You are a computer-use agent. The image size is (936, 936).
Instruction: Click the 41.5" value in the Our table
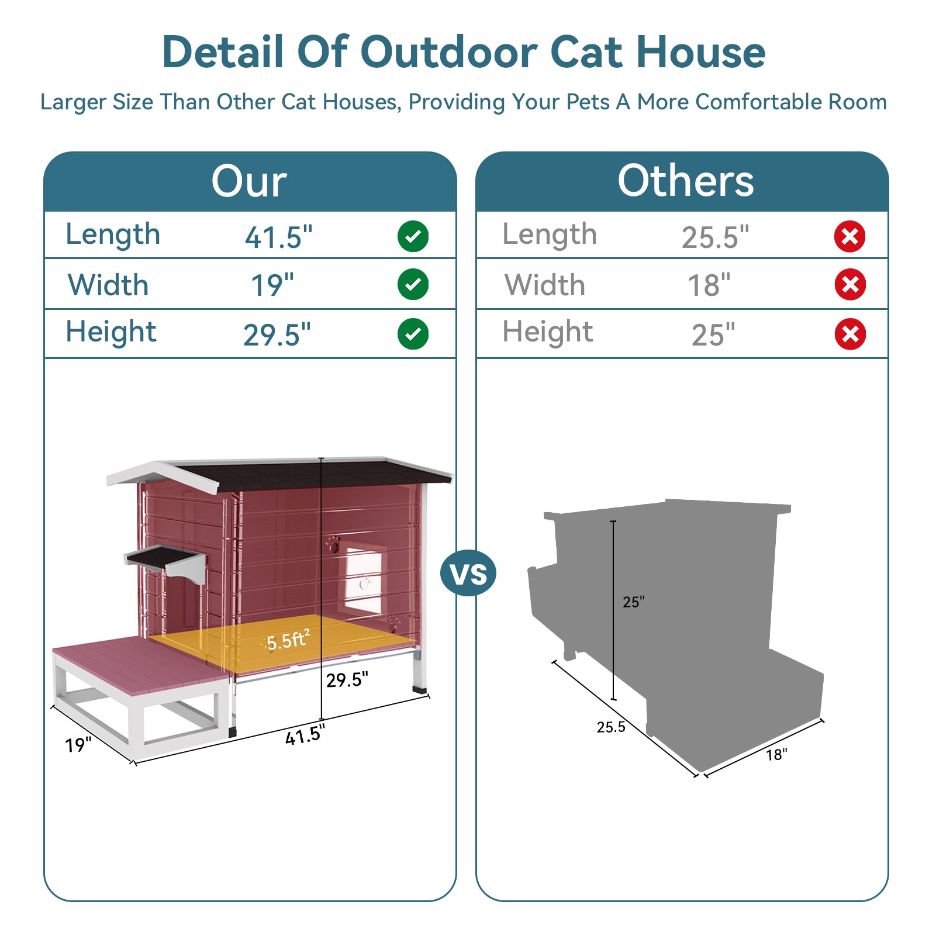(278, 237)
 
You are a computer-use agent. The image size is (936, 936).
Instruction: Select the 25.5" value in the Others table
(715, 237)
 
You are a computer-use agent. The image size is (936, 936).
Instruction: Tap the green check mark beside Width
(413, 285)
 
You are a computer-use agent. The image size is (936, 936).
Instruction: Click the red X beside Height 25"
(850, 334)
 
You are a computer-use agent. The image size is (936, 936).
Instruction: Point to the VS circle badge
(468, 574)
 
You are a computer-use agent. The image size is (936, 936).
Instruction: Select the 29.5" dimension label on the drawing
(347, 680)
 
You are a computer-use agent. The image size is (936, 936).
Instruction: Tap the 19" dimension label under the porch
(78, 745)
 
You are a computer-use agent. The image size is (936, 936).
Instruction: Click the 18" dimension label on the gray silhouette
(777, 755)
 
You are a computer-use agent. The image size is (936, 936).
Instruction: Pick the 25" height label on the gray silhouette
(634, 602)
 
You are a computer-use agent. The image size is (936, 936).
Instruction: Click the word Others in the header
(685, 181)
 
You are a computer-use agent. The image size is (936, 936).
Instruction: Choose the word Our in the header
(249, 181)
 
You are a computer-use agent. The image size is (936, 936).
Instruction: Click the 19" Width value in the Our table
(272, 285)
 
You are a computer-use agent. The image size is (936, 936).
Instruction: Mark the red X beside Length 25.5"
(850, 237)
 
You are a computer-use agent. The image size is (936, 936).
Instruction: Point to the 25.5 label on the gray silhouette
(611, 727)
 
